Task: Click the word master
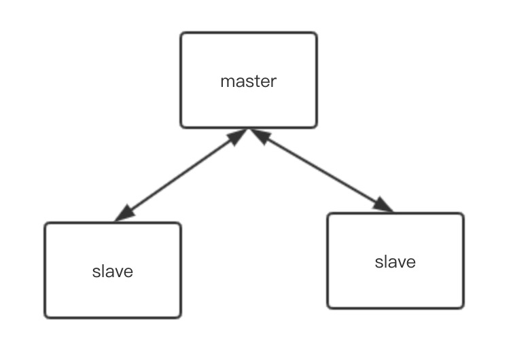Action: click(249, 82)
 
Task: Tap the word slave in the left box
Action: click(112, 272)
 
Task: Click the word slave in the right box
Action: click(395, 262)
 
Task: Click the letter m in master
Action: click(226, 82)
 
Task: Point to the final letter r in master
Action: click(274, 82)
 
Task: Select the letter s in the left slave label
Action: click(95, 272)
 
